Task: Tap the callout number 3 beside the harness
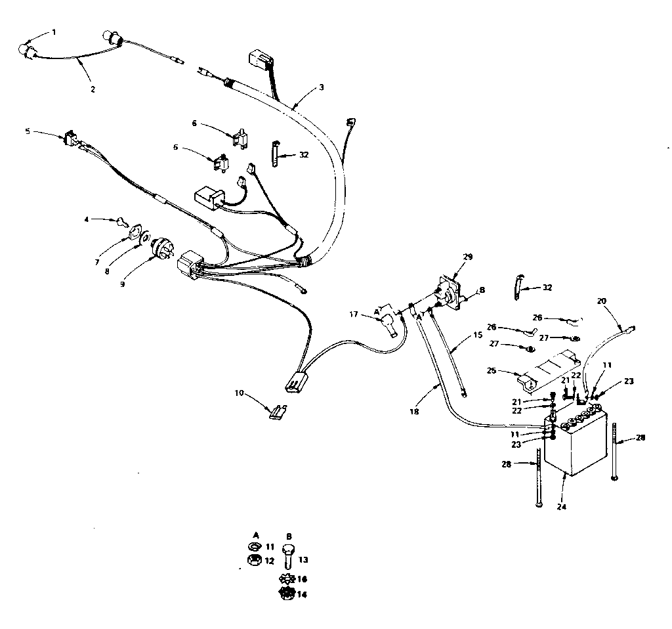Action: pos(321,87)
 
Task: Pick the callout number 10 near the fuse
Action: pos(239,393)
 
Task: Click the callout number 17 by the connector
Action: pos(353,314)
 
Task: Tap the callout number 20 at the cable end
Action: pos(602,301)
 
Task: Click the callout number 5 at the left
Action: pos(28,131)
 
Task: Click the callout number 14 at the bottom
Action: pos(303,594)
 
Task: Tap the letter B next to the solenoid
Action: pos(482,290)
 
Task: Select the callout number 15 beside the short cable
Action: pos(477,336)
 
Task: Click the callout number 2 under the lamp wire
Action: pos(93,89)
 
